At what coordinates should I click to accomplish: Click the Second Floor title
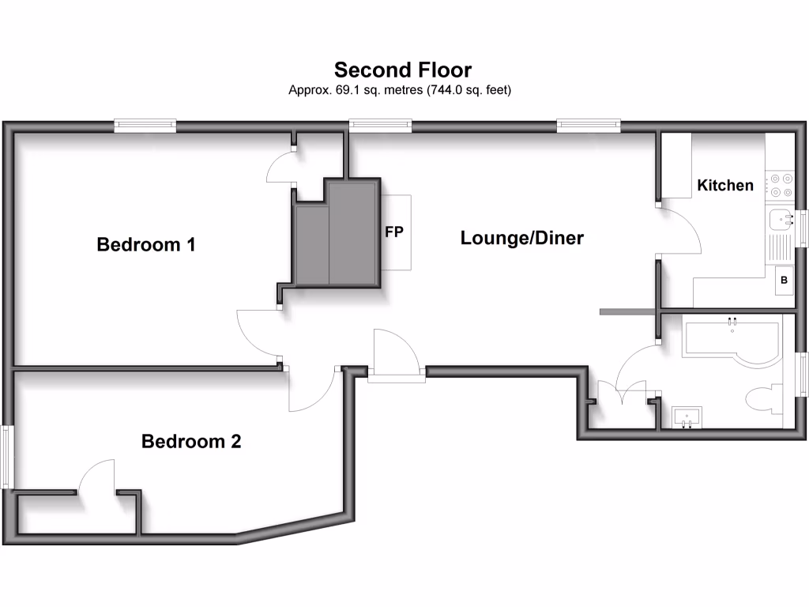403,70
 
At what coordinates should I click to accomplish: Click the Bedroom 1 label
145,244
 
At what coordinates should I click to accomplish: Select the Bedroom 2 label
190,441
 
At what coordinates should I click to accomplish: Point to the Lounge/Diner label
521,238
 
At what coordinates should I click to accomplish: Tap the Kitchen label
724,185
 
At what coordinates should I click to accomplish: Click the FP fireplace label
394,232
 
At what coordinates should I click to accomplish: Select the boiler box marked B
785,280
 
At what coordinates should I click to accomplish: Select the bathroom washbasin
688,416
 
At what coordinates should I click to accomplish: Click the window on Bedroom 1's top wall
145,125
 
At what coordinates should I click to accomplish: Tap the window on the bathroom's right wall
800,373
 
